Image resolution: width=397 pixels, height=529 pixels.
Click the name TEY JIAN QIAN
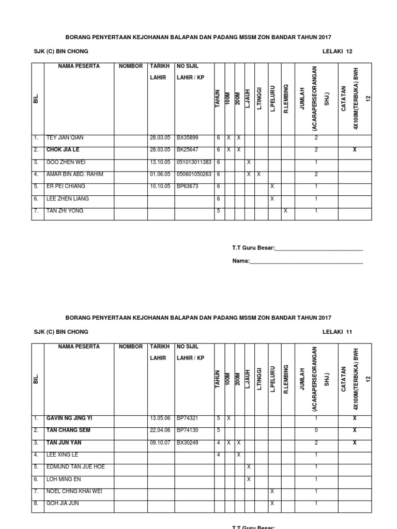pos(65,138)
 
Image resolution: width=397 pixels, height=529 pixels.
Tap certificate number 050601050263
pos(194,175)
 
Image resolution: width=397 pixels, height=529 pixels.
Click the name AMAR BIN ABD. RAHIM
pos(74,175)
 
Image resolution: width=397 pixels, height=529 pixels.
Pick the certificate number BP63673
pos(188,186)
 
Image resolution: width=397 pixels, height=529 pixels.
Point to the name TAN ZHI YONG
pos(65,211)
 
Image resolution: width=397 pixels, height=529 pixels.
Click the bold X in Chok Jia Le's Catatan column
pos(354,150)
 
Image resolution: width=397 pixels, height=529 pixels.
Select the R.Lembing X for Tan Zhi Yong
pos(285,211)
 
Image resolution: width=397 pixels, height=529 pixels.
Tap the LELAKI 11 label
pos(337,332)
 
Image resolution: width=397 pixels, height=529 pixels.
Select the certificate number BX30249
pos(188,442)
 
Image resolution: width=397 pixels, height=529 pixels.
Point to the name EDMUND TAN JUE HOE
pos(75,466)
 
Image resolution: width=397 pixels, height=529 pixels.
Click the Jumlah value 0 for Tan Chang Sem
pos(316,430)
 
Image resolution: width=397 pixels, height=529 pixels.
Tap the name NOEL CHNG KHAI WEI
pos(74,491)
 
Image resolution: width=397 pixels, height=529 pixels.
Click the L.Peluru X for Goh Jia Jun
pos(272,503)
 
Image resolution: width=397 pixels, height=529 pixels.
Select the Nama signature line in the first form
pos(306,261)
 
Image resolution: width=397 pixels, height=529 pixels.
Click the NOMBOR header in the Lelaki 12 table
pos(130,66)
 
